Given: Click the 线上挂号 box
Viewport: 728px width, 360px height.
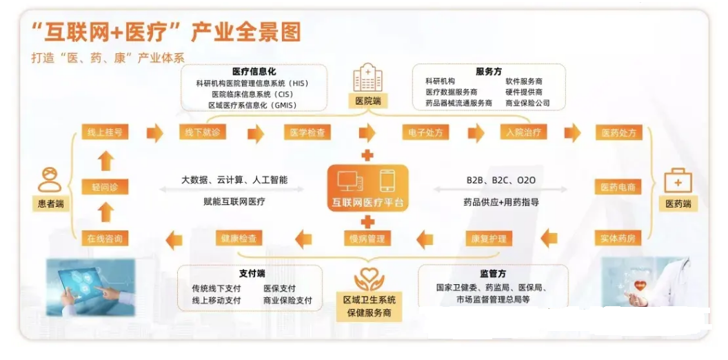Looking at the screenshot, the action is pos(105,132).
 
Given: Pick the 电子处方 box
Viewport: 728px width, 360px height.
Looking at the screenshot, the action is pos(425,132).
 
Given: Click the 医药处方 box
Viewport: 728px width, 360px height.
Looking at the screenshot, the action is pos(618,132).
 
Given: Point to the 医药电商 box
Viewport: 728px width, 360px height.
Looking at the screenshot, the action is pos(618,187).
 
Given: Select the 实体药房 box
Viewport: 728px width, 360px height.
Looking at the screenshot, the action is pos(618,239).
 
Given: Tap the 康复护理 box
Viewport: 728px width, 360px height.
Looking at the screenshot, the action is pos(489,239).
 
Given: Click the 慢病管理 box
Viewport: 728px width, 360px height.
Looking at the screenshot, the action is pos(368,239).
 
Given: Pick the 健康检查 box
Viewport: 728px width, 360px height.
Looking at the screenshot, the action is pos(239,239).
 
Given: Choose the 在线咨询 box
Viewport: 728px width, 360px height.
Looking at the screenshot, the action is pos(105,239).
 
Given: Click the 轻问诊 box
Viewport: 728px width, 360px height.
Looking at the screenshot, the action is pos(105,187).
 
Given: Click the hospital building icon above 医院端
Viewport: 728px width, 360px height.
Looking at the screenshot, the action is pos(367,77).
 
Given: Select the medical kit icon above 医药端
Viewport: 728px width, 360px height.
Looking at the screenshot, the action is pos(678,181).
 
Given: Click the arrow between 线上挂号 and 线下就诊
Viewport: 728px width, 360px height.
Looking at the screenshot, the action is pos(154,132).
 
